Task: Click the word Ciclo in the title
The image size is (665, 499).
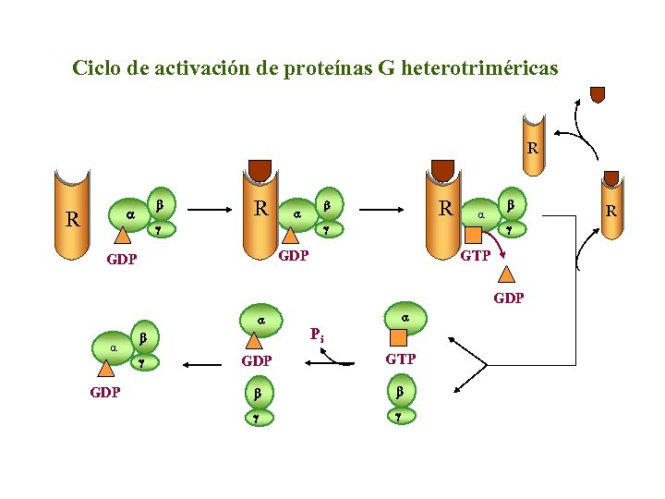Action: tap(97, 68)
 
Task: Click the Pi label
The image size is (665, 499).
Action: tap(317, 334)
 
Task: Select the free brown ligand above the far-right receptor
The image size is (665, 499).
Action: tap(598, 93)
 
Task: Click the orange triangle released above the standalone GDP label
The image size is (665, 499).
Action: tap(507, 274)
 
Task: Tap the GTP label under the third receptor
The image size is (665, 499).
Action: tap(475, 256)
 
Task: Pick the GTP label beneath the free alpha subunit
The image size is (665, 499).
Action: tap(400, 359)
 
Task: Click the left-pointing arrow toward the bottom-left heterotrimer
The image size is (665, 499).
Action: tap(208, 365)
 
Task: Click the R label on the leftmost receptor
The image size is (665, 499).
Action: tap(71, 220)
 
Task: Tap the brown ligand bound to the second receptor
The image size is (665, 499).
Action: tap(260, 170)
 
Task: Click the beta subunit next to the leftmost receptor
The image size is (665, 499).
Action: tap(159, 203)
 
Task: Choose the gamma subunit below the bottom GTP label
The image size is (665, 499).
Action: tap(400, 416)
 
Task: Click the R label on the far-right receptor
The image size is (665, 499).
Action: tap(611, 211)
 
